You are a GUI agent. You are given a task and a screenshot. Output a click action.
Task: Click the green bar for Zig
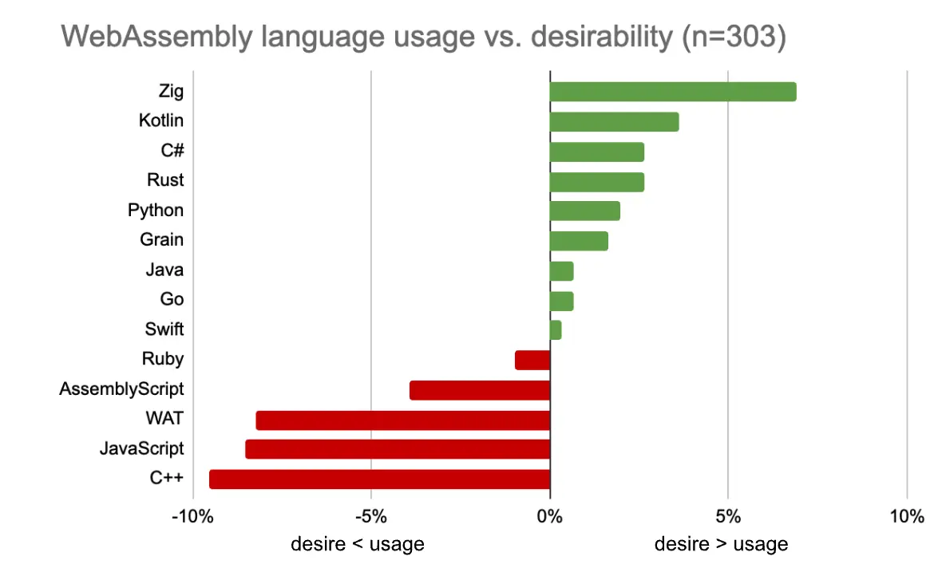click(672, 92)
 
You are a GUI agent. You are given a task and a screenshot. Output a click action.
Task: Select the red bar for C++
click(379, 479)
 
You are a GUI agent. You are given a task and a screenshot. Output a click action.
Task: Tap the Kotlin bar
click(614, 121)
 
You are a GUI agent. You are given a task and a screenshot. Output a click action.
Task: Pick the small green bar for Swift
click(556, 329)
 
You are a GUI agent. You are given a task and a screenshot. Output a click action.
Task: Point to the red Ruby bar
click(532, 360)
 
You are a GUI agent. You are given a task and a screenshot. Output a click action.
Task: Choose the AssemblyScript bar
click(479, 390)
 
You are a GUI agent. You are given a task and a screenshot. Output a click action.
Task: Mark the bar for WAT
click(402, 420)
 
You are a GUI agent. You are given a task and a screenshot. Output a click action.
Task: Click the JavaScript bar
click(398, 449)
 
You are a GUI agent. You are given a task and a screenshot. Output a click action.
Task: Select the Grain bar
click(579, 240)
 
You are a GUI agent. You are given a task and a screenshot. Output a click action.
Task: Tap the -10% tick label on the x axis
click(192, 516)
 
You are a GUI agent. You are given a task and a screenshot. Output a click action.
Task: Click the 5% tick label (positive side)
click(728, 516)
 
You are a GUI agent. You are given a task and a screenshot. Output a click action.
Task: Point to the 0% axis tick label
click(550, 516)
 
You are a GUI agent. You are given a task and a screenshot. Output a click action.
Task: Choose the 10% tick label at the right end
click(905, 516)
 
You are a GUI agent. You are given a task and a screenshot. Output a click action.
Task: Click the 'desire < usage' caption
click(357, 544)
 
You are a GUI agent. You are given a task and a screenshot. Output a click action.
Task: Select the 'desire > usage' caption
click(721, 544)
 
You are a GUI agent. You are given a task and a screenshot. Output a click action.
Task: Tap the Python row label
click(156, 211)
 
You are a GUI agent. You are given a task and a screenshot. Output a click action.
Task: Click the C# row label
click(172, 151)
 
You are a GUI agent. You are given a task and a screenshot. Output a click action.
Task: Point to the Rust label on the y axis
click(165, 180)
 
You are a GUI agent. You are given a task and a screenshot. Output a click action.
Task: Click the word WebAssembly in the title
click(158, 36)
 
